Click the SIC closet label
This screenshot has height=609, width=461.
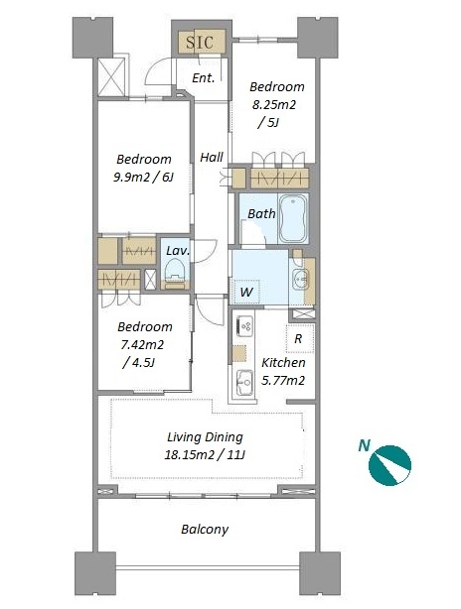pos(200,42)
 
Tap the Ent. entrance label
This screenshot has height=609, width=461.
pos(204,77)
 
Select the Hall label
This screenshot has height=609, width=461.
pos(212,157)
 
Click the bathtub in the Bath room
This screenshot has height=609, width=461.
pos(294,218)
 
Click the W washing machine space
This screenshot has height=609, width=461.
pos(245,292)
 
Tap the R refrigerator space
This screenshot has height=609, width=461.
pos(299,338)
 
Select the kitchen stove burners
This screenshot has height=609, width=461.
pos(244,325)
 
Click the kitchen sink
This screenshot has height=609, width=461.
pos(244,382)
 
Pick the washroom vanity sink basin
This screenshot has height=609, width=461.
pos(300,279)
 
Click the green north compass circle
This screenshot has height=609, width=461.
pos(389,465)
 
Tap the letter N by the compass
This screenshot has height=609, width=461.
pos(365,445)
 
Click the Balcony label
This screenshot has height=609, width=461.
pos(205,529)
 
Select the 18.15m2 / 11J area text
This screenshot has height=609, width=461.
pos(205,454)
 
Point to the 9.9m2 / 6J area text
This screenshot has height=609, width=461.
pos(143,178)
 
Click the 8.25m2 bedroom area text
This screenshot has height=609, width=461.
pos(274,104)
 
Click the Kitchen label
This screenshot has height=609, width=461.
pos(283,363)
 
